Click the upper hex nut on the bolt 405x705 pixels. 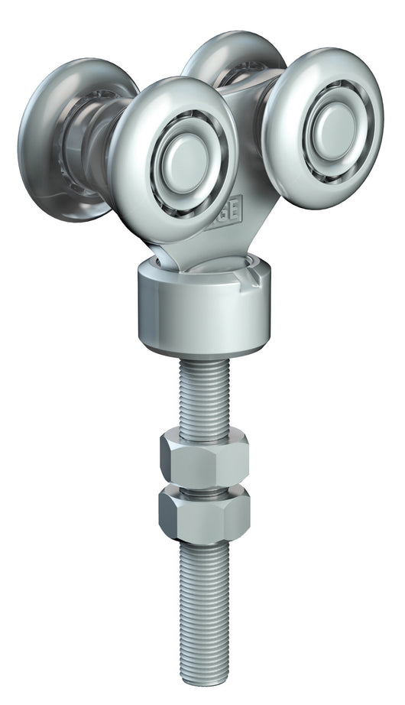204,458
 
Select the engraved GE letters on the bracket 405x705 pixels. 229,205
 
